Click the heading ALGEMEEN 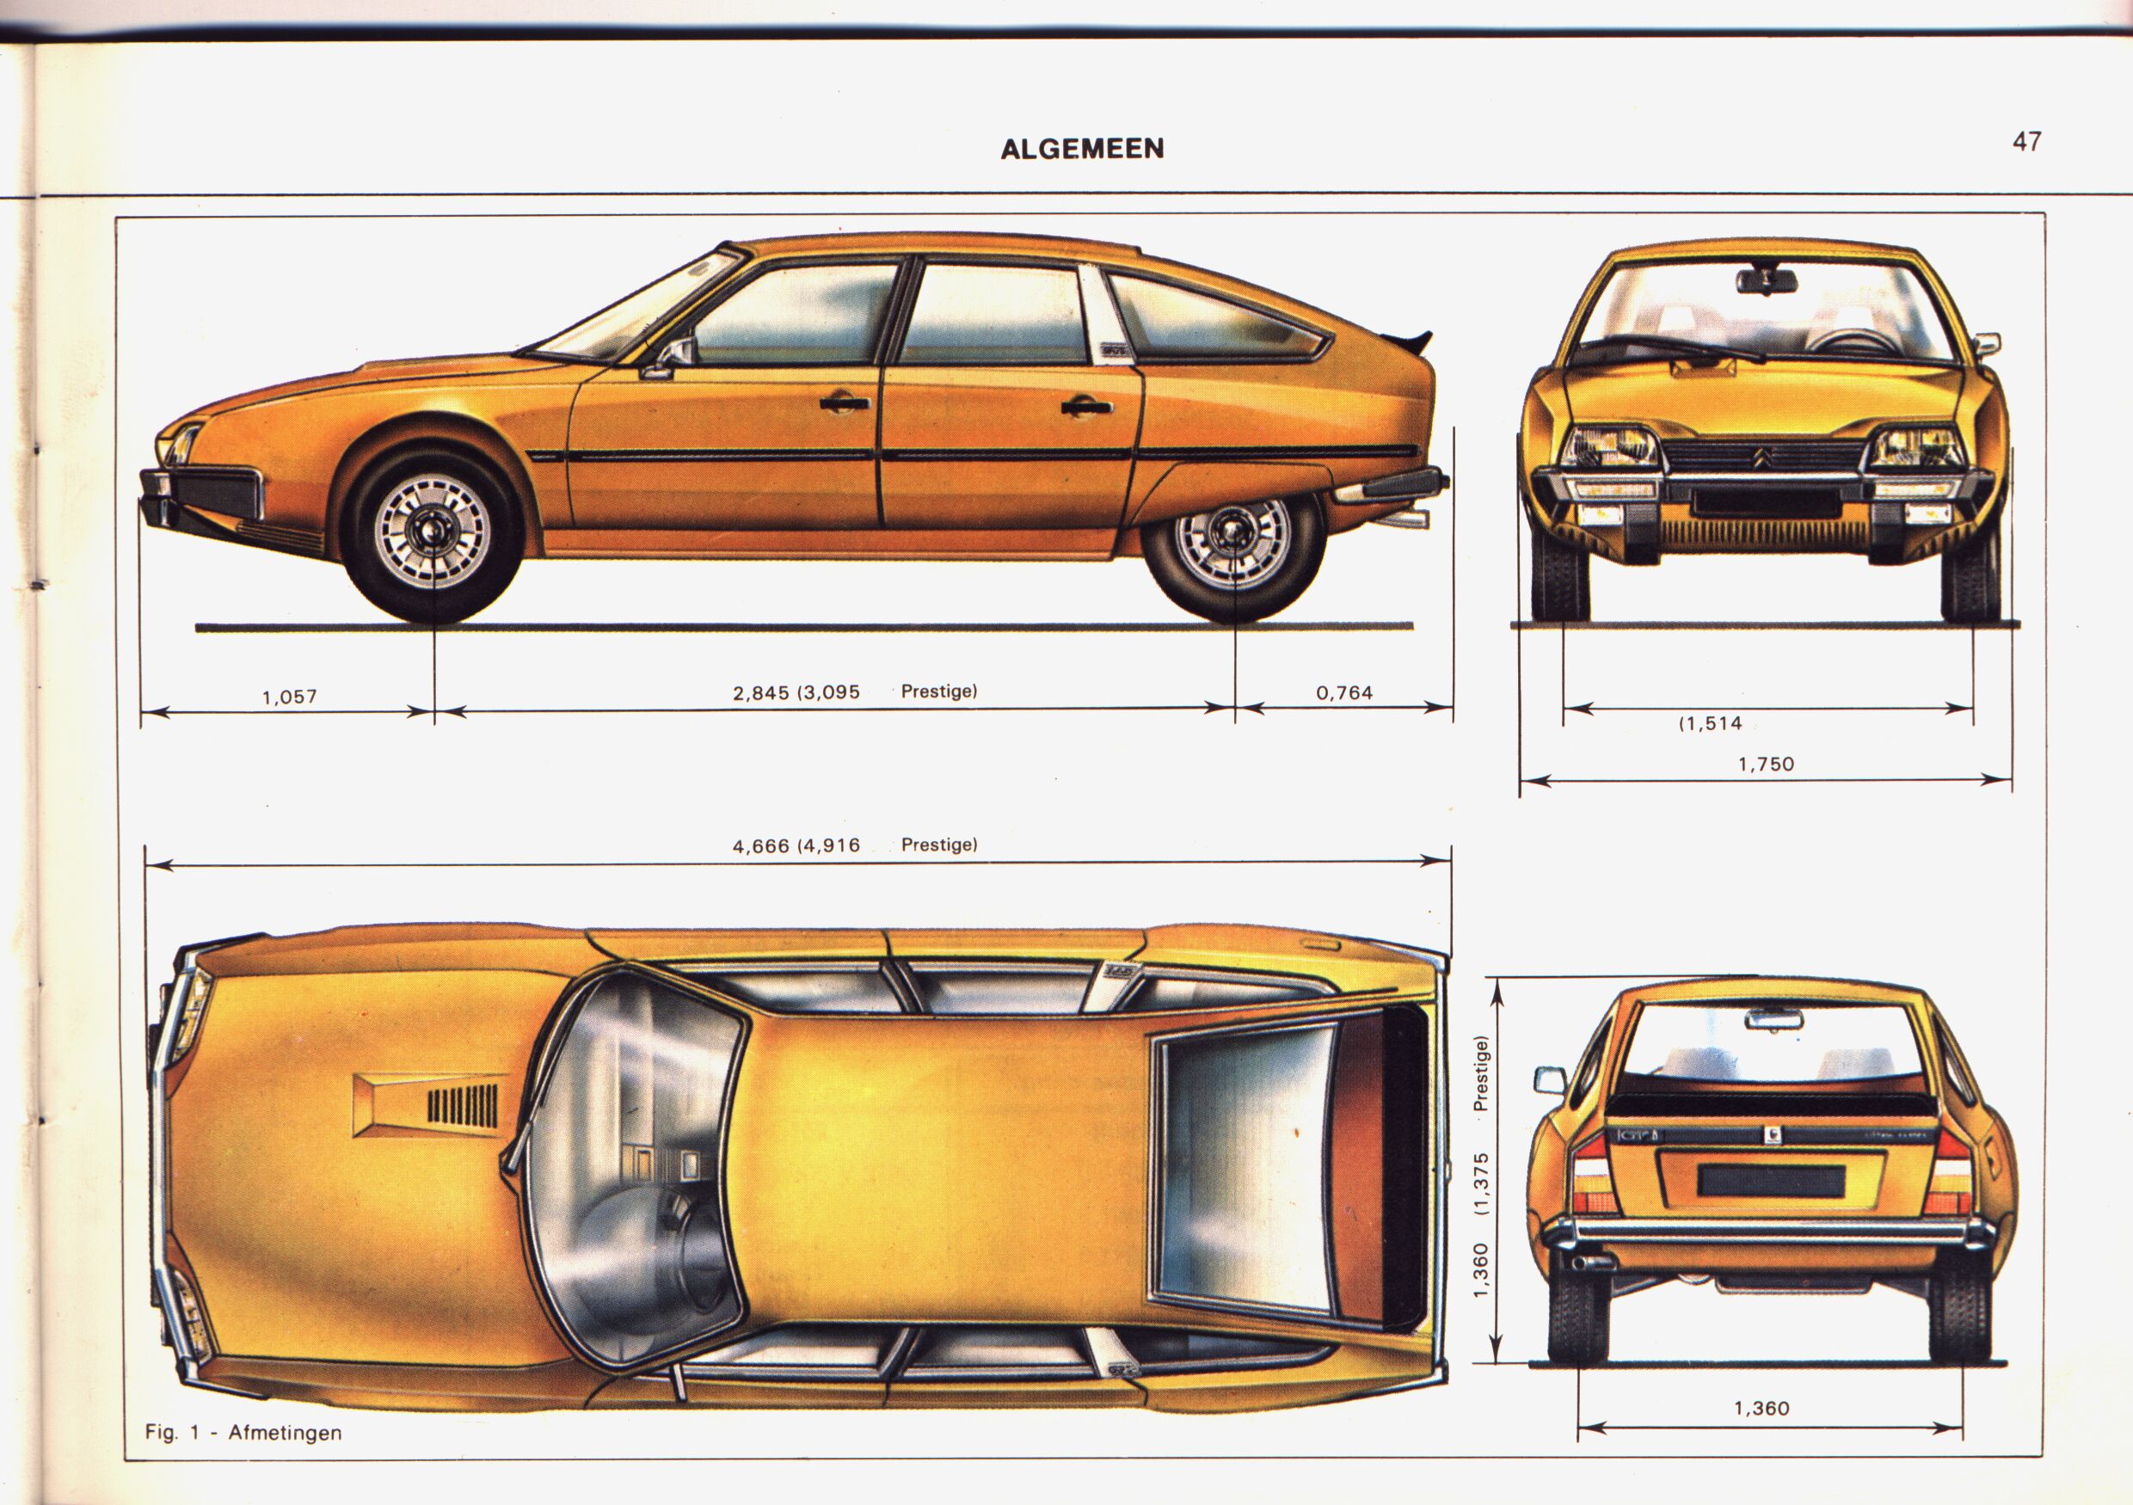pyautogui.click(x=1081, y=150)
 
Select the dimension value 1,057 pyautogui.click(x=290, y=696)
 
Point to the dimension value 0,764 pyautogui.click(x=1344, y=692)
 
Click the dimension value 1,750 pyautogui.click(x=1766, y=765)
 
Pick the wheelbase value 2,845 pyautogui.click(x=761, y=692)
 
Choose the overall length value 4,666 pyautogui.click(x=761, y=845)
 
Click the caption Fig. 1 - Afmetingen pyautogui.click(x=243, y=1433)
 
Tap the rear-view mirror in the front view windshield pyautogui.click(x=1765, y=280)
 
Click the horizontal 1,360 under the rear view pyautogui.click(x=1761, y=1409)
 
